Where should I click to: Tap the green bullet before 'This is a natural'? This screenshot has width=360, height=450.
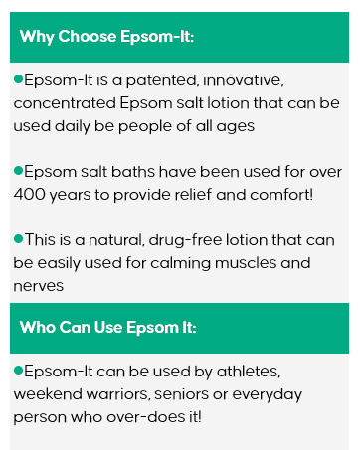tap(18, 238)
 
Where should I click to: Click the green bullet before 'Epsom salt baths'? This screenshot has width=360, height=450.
tap(18, 169)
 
